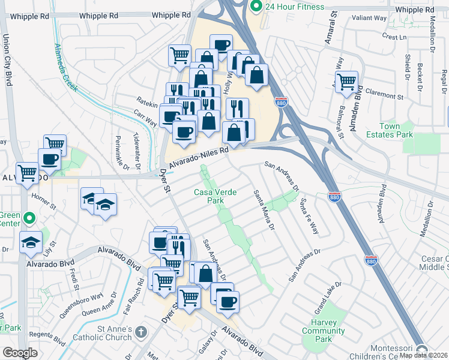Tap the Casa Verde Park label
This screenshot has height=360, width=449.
tap(215, 197)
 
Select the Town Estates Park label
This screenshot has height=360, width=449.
tap(397, 130)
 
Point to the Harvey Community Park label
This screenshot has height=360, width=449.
tap(324, 331)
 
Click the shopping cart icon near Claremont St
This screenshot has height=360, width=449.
tap(346, 82)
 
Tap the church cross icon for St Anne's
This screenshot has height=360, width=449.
tap(141, 332)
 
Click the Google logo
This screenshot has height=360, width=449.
tap(20, 352)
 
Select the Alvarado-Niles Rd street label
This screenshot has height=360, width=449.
tap(199, 158)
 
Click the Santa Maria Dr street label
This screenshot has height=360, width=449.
tap(264, 211)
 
